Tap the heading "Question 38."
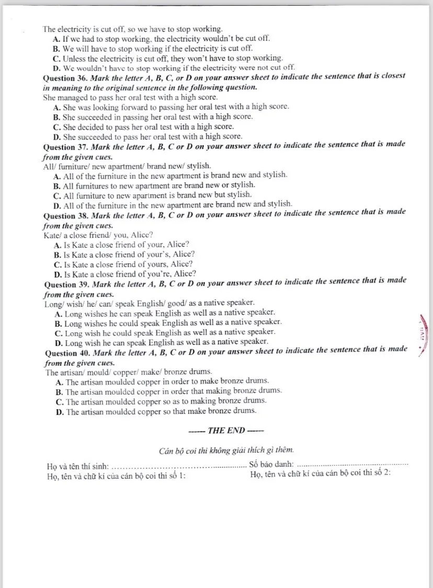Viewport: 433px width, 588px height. [66, 215]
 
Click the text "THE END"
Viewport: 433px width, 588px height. [226, 430]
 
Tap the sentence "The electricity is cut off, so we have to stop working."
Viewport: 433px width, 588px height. [133, 29]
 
